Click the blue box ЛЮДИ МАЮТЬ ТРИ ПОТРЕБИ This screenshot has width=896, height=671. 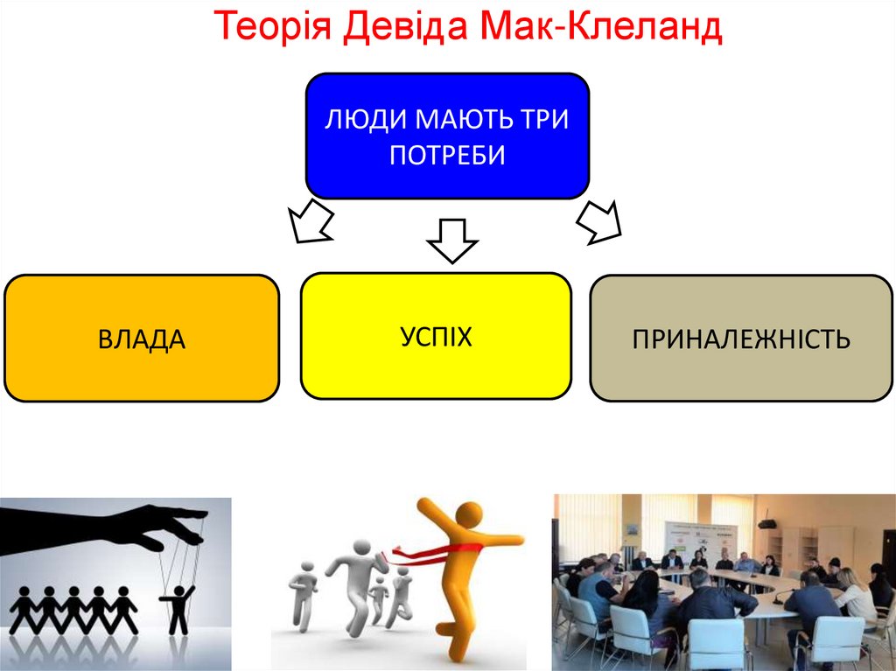pos(446,136)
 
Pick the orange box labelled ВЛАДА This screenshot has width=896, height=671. pos(142,339)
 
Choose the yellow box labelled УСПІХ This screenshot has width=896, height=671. pos(436,336)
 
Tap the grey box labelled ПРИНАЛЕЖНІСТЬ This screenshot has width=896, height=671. pos(741,339)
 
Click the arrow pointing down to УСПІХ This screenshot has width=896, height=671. pos(451,240)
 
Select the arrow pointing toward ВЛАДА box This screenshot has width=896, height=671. pos(311,221)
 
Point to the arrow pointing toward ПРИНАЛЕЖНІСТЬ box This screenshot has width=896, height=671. pos(600,221)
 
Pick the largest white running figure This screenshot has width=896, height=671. pos(355,577)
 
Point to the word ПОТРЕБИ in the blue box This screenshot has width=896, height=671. pos(447,156)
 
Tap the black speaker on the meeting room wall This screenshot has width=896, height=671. pos(766,524)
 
